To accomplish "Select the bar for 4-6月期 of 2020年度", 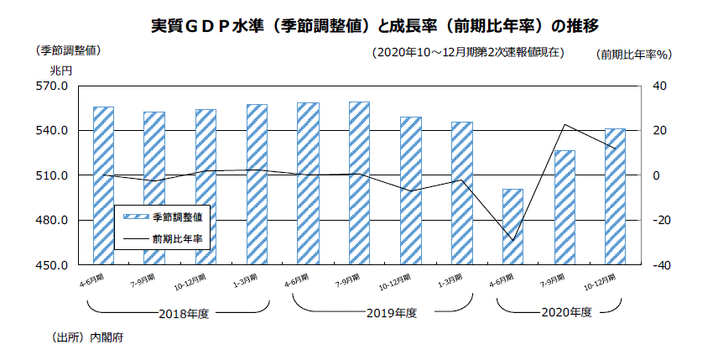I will (512, 227).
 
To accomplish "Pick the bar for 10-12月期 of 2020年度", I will (616, 196).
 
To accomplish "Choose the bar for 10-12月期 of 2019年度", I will (411, 190).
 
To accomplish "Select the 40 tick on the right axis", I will (659, 86).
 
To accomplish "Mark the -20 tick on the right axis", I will (659, 221).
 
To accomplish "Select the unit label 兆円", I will (61, 69).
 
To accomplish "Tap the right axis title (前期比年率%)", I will (635, 55).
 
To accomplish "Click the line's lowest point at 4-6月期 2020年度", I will (512, 241).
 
